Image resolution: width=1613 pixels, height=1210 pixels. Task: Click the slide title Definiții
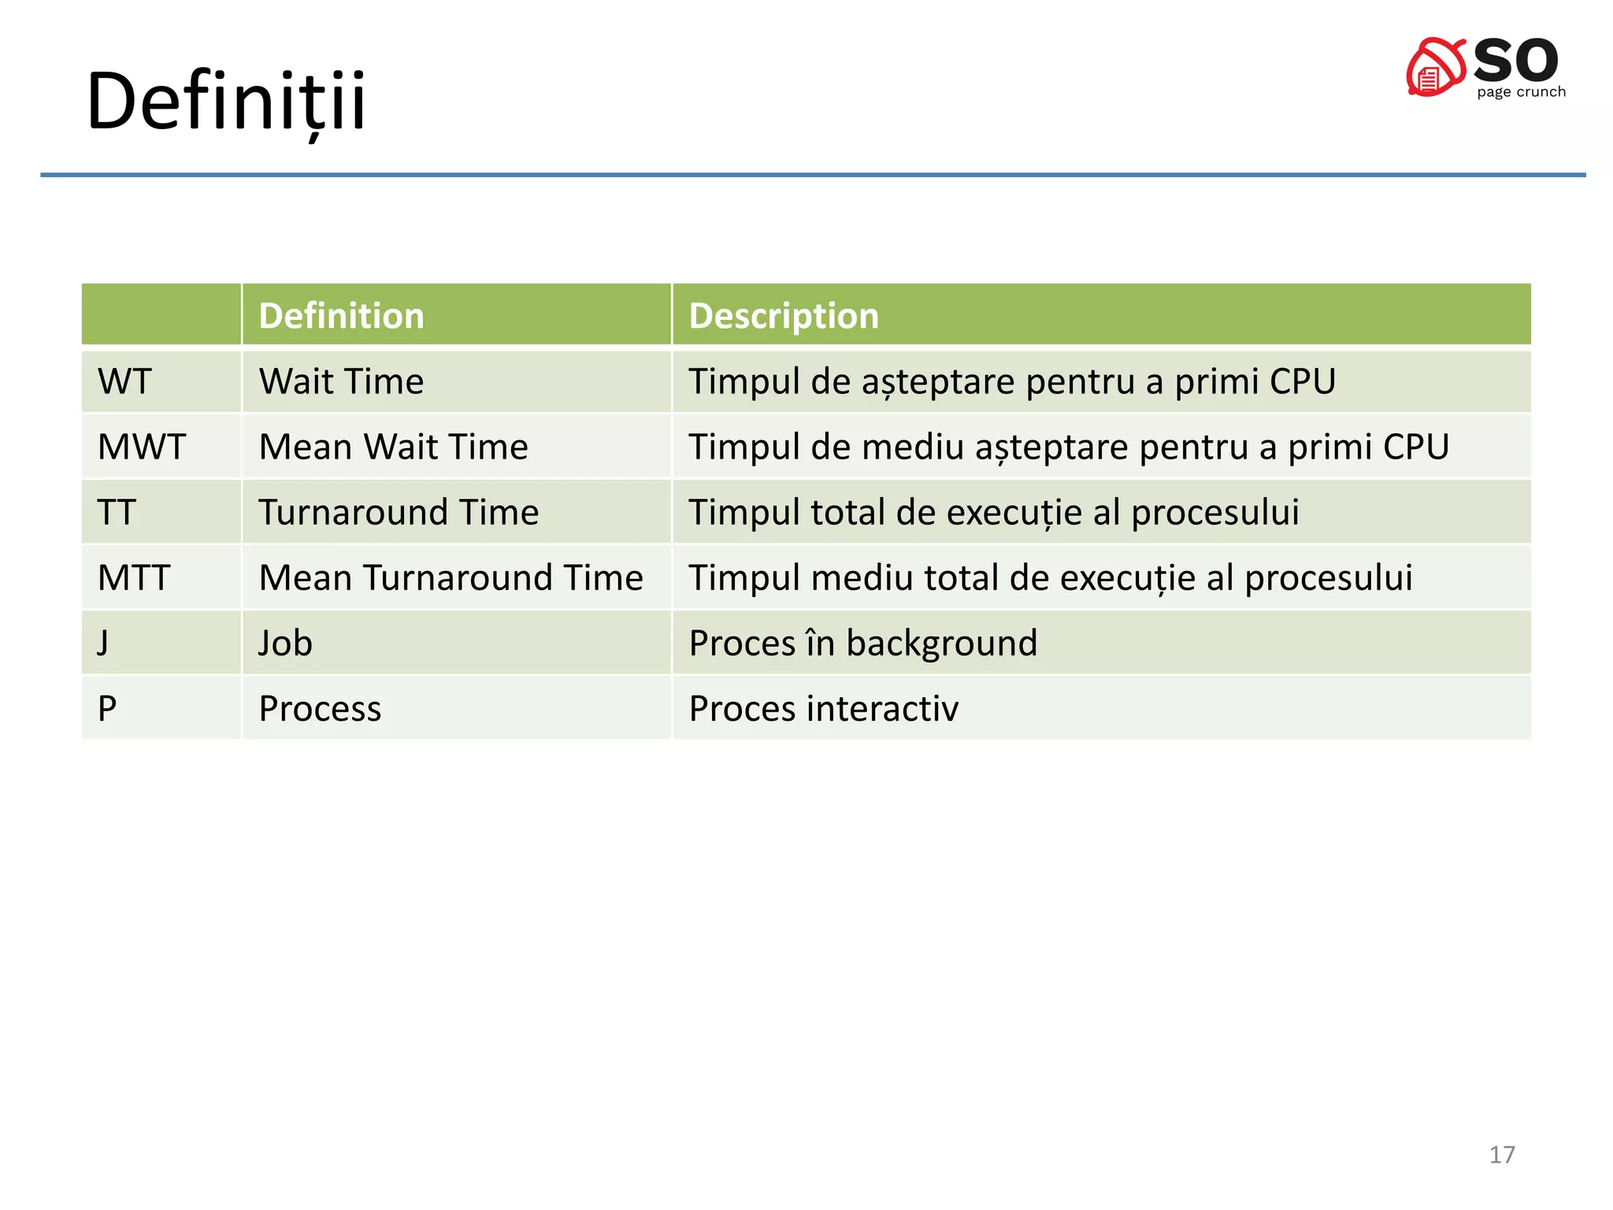pyautogui.click(x=226, y=102)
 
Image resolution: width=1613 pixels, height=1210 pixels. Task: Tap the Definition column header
pyautogui.click(x=341, y=316)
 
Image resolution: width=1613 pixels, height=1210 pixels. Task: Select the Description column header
pyautogui.click(x=783, y=316)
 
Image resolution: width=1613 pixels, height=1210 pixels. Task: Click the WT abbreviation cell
pyautogui.click(x=124, y=382)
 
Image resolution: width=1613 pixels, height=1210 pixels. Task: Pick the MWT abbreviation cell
pyautogui.click(x=142, y=447)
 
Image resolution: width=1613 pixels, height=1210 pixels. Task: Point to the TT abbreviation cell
pyautogui.click(x=117, y=513)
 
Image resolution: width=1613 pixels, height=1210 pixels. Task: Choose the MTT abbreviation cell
pyautogui.click(x=134, y=578)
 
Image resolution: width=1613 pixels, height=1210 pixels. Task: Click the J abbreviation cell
pyautogui.click(x=103, y=644)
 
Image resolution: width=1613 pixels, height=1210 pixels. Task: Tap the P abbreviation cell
pyautogui.click(x=107, y=709)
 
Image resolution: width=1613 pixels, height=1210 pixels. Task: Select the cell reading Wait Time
pyautogui.click(x=341, y=382)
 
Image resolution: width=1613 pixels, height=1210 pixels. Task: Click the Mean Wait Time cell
pyautogui.click(x=393, y=447)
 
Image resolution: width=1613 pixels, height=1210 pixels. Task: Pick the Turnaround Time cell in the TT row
pyautogui.click(x=399, y=513)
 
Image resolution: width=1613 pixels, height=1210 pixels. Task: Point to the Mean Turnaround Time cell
pyautogui.click(x=451, y=578)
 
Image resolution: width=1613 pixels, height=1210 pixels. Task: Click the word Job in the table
pyautogui.click(x=285, y=644)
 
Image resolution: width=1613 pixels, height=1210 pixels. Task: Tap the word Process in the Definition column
pyautogui.click(x=320, y=709)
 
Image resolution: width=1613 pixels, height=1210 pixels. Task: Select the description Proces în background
pyautogui.click(x=862, y=644)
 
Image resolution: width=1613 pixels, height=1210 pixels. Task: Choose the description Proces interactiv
pyautogui.click(x=823, y=709)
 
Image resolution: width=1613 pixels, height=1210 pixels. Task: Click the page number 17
pyautogui.click(x=1501, y=1155)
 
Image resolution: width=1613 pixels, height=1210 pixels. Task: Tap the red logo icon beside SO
pyautogui.click(x=1435, y=69)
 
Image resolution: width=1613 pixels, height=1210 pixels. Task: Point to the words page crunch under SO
pyautogui.click(x=1521, y=92)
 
